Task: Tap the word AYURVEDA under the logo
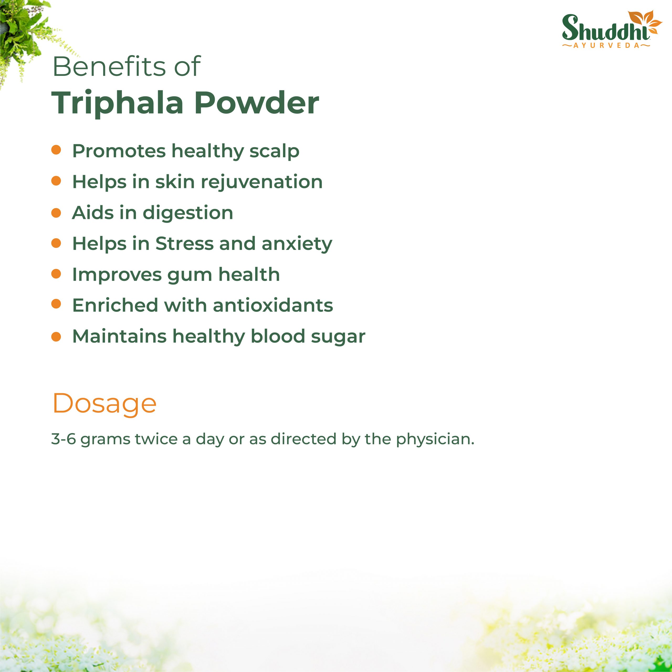click(606, 46)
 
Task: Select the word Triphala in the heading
click(118, 103)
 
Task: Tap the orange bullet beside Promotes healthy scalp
click(56, 150)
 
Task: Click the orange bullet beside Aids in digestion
click(56, 213)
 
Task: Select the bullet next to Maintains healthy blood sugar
click(56, 336)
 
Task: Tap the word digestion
click(188, 213)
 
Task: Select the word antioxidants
click(273, 305)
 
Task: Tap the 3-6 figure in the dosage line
click(64, 439)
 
